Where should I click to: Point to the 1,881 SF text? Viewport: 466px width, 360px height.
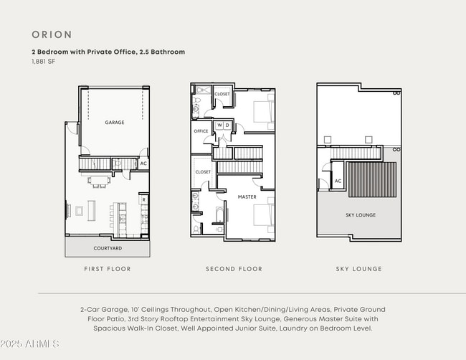click(44, 62)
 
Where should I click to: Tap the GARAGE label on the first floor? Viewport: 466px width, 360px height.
click(115, 123)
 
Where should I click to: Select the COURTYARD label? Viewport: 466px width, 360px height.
click(108, 248)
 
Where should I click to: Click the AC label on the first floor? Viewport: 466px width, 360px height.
click(143, 164)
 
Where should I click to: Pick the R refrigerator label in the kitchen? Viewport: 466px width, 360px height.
click(143, 200)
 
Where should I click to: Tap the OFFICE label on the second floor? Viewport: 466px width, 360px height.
click(201, 131)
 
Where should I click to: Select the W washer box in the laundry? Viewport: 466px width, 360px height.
click(219, 125)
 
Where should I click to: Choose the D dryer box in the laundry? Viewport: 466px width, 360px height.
click(227, 125)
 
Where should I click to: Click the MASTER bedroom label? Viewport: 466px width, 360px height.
click(247, 196)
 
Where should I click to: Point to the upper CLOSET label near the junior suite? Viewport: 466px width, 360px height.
click(222, 94)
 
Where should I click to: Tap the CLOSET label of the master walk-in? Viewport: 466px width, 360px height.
click(203, 172)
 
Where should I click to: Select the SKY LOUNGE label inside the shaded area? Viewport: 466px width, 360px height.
click(361, 215)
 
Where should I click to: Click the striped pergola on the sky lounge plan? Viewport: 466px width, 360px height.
click(371, 179)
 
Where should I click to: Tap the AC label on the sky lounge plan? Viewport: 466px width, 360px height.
click(338, 181)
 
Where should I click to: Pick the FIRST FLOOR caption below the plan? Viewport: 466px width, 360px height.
click(108, 269)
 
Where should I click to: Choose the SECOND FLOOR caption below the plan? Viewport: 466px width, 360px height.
click(234, 269)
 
